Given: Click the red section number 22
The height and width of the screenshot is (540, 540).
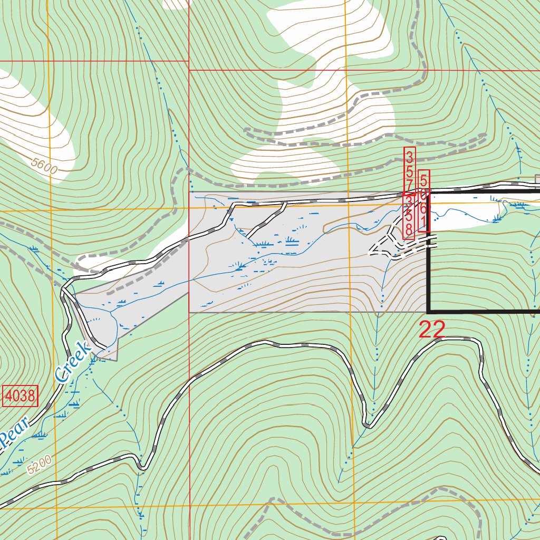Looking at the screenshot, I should (432, 330).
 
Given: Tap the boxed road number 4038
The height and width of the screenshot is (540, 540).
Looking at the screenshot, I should (21, 396).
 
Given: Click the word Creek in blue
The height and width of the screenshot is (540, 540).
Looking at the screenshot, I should (73, 362).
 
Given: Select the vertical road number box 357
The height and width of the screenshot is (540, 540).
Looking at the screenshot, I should (410, 170).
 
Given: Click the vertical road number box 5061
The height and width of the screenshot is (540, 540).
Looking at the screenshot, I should (423, 201).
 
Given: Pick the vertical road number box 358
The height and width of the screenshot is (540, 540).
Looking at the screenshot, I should (408, 216).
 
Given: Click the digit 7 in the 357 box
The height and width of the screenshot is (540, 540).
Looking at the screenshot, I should (410, 185).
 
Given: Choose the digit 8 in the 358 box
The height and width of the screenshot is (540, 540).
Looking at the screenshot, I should (408, 230).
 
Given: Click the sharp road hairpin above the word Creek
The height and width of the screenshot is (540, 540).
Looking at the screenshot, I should (64, 289).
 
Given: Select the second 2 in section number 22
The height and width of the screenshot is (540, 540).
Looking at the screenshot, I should (439, 330).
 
